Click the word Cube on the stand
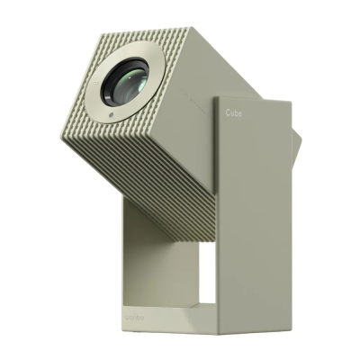point(233,114)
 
